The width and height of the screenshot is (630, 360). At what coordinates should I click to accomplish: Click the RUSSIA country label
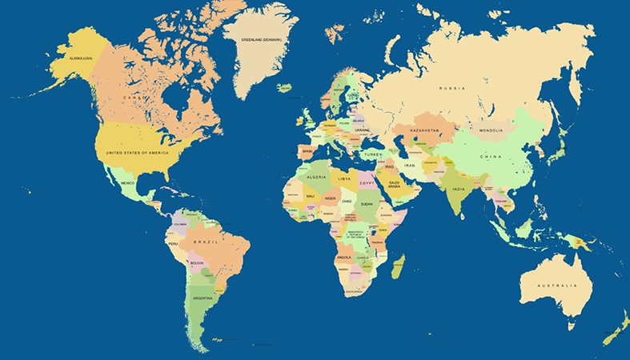click(452, 88)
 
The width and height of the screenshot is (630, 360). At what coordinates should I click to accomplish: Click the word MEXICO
click(127, 182)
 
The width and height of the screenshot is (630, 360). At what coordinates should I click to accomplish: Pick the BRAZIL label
click(207, 242)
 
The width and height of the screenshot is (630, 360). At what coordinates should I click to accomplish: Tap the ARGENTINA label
click(202, 298)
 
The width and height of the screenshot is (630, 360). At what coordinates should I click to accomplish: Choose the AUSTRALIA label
click(557, 286)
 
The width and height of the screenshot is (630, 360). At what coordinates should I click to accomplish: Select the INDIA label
click(458, 190)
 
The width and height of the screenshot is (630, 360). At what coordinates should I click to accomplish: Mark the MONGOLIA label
click(491, 130)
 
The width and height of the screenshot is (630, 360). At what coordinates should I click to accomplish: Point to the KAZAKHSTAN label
click(425, 130)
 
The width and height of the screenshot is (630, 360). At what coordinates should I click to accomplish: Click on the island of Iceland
click(283, 88)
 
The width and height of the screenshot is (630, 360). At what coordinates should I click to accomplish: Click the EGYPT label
click(367, 183)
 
